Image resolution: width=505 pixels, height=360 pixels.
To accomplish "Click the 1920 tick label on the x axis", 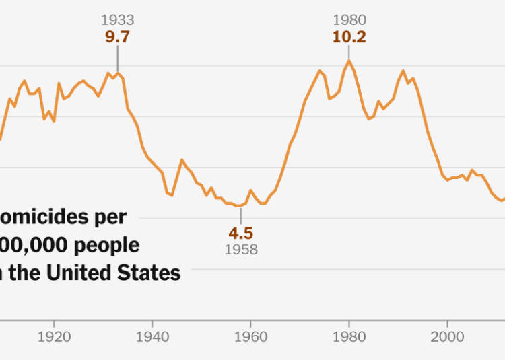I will pos(55,337).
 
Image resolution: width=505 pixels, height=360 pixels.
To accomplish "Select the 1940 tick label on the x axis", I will pos(152,337).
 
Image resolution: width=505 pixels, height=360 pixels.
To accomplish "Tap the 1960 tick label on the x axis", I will pos(250,337).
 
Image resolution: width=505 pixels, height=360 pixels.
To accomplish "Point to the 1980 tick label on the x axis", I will pos(349,337).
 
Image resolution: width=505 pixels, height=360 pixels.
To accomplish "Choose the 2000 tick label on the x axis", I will pos(446,337).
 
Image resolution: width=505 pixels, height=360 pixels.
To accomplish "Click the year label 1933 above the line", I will pos(117,21).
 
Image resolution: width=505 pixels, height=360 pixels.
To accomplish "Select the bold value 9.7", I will pos(117,37).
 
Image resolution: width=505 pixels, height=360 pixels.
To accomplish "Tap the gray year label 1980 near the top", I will pos(349,21).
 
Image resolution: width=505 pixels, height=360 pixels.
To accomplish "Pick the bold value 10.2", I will pos(349,37).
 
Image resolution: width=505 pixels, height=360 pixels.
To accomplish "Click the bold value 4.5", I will pos(240,233).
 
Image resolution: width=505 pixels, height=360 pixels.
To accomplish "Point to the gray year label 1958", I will pos(240,250).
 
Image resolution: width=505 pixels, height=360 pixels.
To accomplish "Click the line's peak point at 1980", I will pos(349,61).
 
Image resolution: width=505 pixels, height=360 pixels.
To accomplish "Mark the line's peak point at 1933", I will pos(118,73).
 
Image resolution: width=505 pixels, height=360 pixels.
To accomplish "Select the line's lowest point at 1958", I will pos(240,206).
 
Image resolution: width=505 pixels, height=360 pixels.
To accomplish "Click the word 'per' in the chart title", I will pos(112,217).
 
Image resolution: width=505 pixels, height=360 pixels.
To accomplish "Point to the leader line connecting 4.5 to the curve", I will pos(240,215).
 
